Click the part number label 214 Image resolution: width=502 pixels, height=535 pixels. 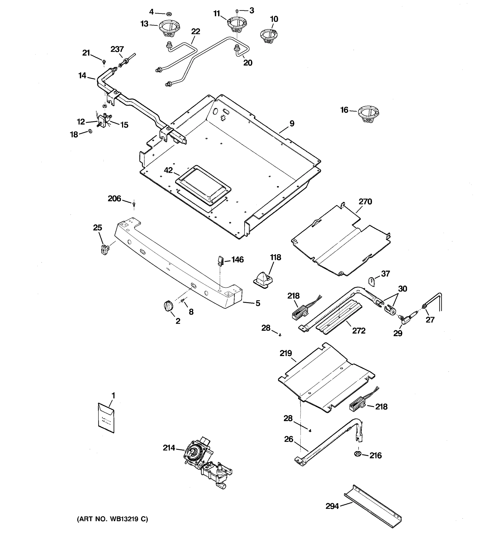coord(169,448)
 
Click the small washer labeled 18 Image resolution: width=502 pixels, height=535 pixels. coord(90,131)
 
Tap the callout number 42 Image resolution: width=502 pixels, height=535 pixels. coord(168,170)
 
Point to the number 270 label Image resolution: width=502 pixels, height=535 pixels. coord(365,202)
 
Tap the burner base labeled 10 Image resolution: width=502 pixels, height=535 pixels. coord(269,36)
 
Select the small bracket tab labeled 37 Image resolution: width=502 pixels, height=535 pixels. coord(372,282)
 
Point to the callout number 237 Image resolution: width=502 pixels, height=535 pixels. coord(117,49)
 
